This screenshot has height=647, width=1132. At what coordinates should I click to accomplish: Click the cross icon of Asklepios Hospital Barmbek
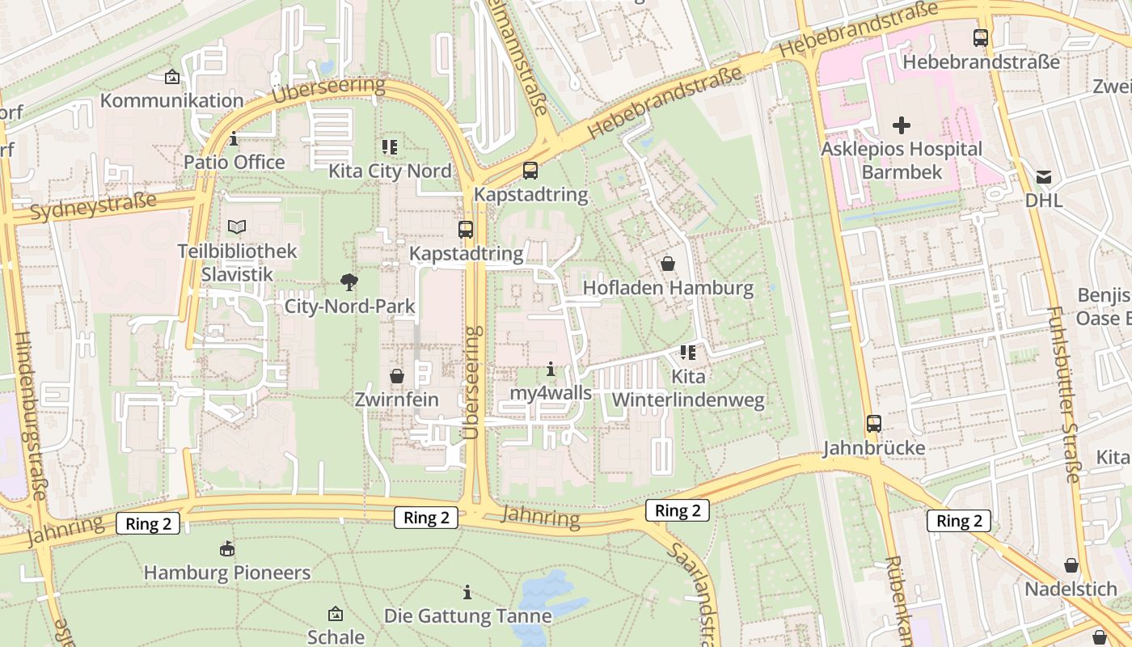tap(901, 125)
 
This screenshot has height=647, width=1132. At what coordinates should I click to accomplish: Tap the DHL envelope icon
tap(1044, 177)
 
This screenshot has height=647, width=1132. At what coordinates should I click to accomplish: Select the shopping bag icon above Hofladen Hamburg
tap(668, 264)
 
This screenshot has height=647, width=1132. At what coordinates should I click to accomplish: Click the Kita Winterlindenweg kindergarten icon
tap(688, 352)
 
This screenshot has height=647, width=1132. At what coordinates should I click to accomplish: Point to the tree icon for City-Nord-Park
tap(349, 281)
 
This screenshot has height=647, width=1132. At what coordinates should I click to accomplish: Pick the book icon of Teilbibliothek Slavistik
tap(237, 227)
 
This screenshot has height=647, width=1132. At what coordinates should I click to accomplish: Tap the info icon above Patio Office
tap(234, 139)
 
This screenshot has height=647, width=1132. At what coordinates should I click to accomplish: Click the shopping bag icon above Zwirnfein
tap(397, 376)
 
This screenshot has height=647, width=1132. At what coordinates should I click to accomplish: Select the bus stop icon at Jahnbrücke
tap(874, 423)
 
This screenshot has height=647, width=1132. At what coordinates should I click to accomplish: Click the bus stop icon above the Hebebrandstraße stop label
tap(981, 37)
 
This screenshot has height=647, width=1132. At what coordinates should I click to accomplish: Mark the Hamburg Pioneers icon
tap(227, 549)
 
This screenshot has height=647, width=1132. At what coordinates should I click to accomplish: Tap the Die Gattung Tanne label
tap(467, 615)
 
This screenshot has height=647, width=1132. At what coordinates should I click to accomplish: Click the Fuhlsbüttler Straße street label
tap(1062, 395)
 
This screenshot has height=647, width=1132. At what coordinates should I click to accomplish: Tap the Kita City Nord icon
tap(390, 147)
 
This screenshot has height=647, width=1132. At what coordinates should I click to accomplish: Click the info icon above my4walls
tap(551, 370)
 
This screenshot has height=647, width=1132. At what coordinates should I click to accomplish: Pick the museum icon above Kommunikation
tap(171, 77)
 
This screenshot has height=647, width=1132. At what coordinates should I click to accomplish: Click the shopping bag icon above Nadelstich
tap(1071, 565)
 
